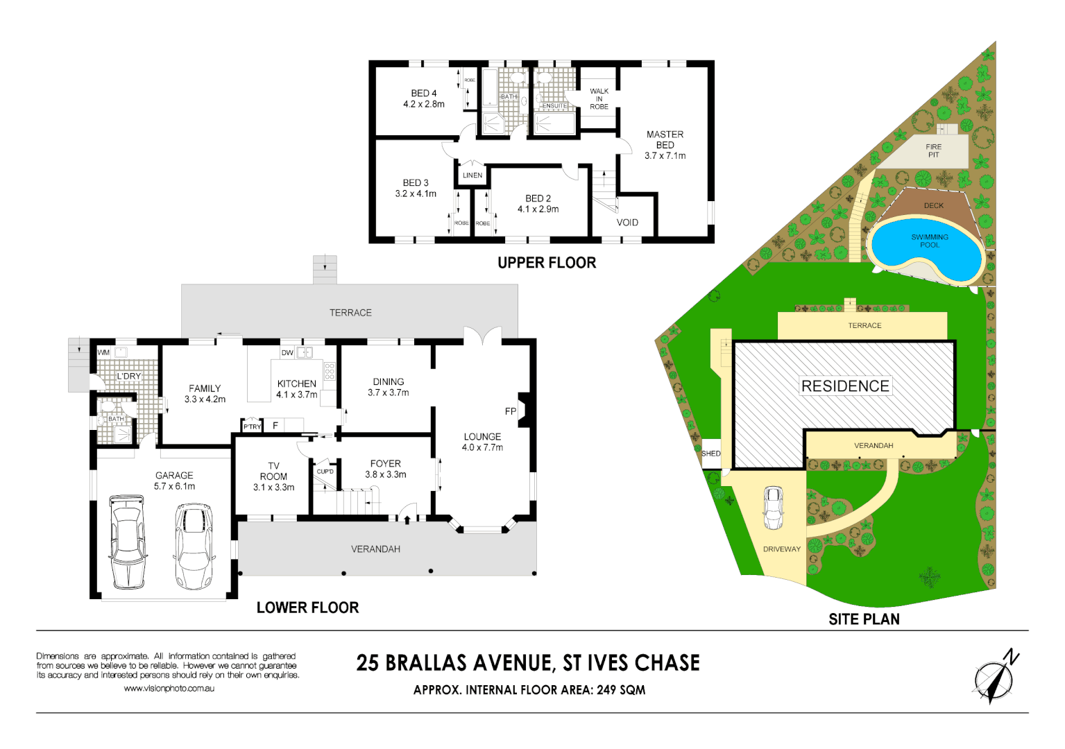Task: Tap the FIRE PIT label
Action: pyautogui.click(x=933, y=150)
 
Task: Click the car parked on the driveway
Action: pyautogui.click(x=773, y=508)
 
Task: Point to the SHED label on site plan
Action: pyautogui.click(x=711, y=454)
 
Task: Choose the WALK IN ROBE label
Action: pyautogui.click(x=599, y=99)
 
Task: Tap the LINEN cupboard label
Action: pyautogui.click(x=472, y=175)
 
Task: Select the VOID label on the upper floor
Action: pyautogui.click(x=627, y=223)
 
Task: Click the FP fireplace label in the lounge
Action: pyautogui.click(x=511, y=411)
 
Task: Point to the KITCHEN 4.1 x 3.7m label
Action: pyautogui.click(x=297, y=389)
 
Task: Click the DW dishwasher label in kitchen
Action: pyautogui.click(x=287, y=353)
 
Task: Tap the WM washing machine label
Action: pyautogui.click(x=103, y=352)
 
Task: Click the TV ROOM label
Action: pyautogui.click(x=273, y=476)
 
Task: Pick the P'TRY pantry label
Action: pyautogui.click(x=252, y=427)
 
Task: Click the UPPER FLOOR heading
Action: pyautogui.click(x=547, y=263)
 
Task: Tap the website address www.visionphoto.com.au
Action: pyautogui.click(x=169, y=689)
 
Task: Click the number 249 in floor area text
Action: pyautogui.click(x=608, y=690)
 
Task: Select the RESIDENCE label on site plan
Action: pyautogui.click(x=845, y=386)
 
